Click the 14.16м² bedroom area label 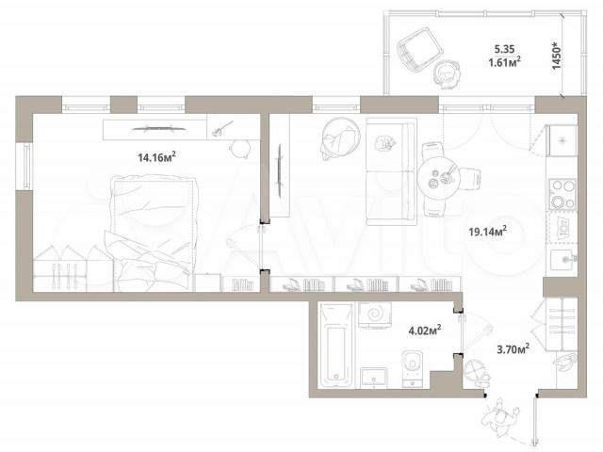click(x=157, y=157)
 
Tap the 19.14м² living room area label click(x=487, y=232)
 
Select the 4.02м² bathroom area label click(x=425, y=331)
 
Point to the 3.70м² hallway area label click(x=513, y=349)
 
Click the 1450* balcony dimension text click(x=557, y=56)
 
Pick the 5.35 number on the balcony click(x=504, y=49)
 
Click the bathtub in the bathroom click(x=336, y=345)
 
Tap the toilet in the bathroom click(x=413, y=368)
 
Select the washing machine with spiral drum click(x=375, y=315)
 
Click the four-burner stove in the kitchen click(x=562, y=194)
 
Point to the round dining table click(x=439, y=178)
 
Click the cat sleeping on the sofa click(x=384, y=143)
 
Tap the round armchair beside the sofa click(x=341, y=138)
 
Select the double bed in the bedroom click(x=153, y=234)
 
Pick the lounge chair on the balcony click(x=418, y=49)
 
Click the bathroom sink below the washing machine click(x=374, y=378)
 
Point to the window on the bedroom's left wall click(x=26, y=166)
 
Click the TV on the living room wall click(x=280, y=171)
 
